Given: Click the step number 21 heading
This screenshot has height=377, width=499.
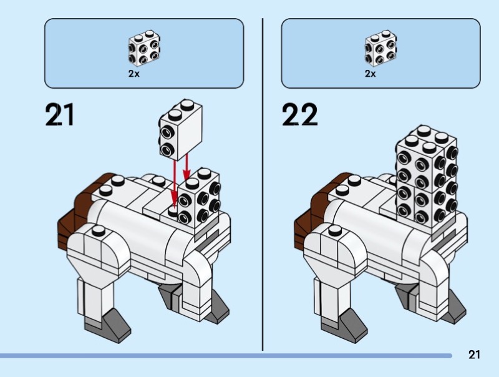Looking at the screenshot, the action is click(x=60, y=114).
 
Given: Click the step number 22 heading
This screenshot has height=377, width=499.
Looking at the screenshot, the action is click(x=299, y=114).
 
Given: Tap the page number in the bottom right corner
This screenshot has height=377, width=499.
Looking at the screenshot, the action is click(x=474, y=355).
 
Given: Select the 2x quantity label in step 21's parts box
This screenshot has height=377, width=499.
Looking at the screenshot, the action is click(x=134, y=74).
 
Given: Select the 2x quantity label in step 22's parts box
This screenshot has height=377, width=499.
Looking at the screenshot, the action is click(x=371, y=74).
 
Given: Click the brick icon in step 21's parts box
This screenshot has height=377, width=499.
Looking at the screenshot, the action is click(x=144, y=48).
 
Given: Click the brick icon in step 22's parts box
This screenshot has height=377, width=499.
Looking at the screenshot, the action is click(x=380, y=48).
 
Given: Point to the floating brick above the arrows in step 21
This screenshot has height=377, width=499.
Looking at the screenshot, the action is click(x=180, y=130).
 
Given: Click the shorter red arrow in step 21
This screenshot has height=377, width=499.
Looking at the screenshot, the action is click(x=187, y=167).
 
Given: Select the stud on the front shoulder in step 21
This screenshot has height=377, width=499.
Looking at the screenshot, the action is click(x=99, y=230).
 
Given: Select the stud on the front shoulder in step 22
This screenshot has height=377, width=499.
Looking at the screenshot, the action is click(x=335, y=230).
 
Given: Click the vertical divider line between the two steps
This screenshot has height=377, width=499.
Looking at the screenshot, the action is click(x=263, y=185).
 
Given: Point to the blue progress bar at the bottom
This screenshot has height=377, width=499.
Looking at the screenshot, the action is click(x=226, y=356).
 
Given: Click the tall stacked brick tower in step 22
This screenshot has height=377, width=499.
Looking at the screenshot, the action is click(x=427, y=177).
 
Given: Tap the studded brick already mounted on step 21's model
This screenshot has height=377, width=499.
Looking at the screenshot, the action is click(x=199, y=198).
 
